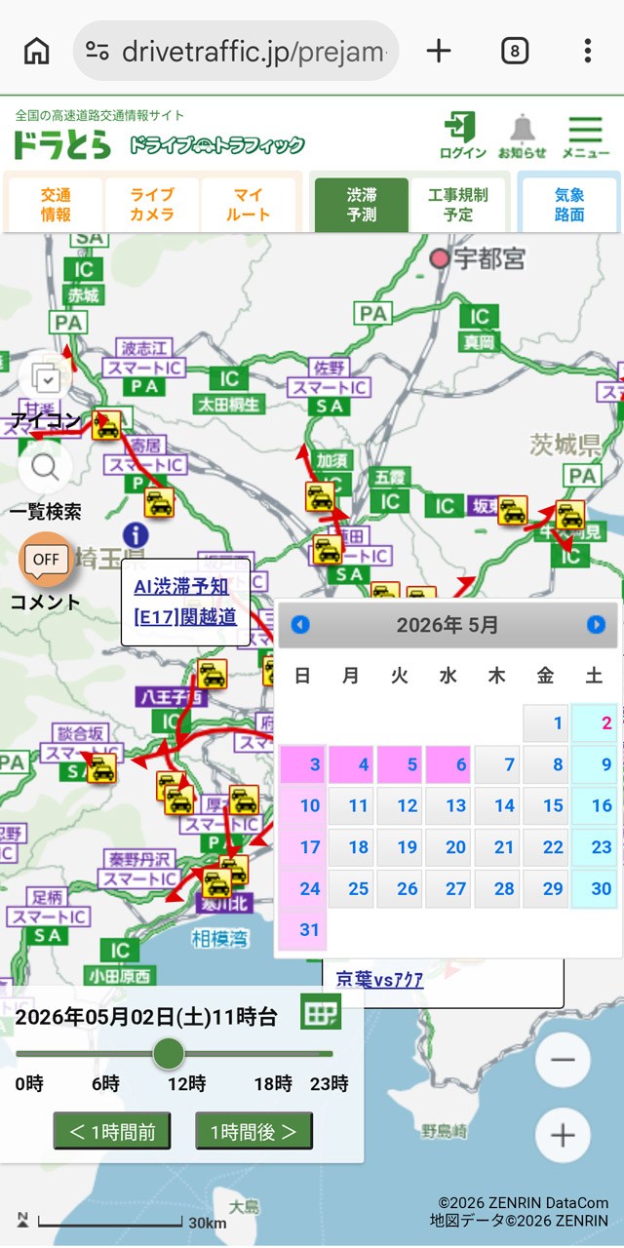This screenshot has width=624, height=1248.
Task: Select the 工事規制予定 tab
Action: click(x=457, y=205)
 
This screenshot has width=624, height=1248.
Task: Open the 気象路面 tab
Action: click(x=569, y=205)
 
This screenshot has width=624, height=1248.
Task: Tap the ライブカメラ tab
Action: click(x=152, y=205)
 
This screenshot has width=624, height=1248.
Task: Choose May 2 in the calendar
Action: click(x=594, y=723)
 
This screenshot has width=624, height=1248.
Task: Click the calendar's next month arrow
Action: click(x=596, y=625)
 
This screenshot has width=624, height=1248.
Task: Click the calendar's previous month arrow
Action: click(x=300, y=625)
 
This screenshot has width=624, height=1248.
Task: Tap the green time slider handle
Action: click(x=169, y=1053)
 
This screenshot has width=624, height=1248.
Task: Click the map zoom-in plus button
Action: click(x=563, y=1135)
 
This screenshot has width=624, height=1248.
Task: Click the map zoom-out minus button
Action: click(x=563, y=1061)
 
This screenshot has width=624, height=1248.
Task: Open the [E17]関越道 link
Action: click(x=185, y=616)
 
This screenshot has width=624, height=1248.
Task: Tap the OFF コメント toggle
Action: click(x=46, y=560)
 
